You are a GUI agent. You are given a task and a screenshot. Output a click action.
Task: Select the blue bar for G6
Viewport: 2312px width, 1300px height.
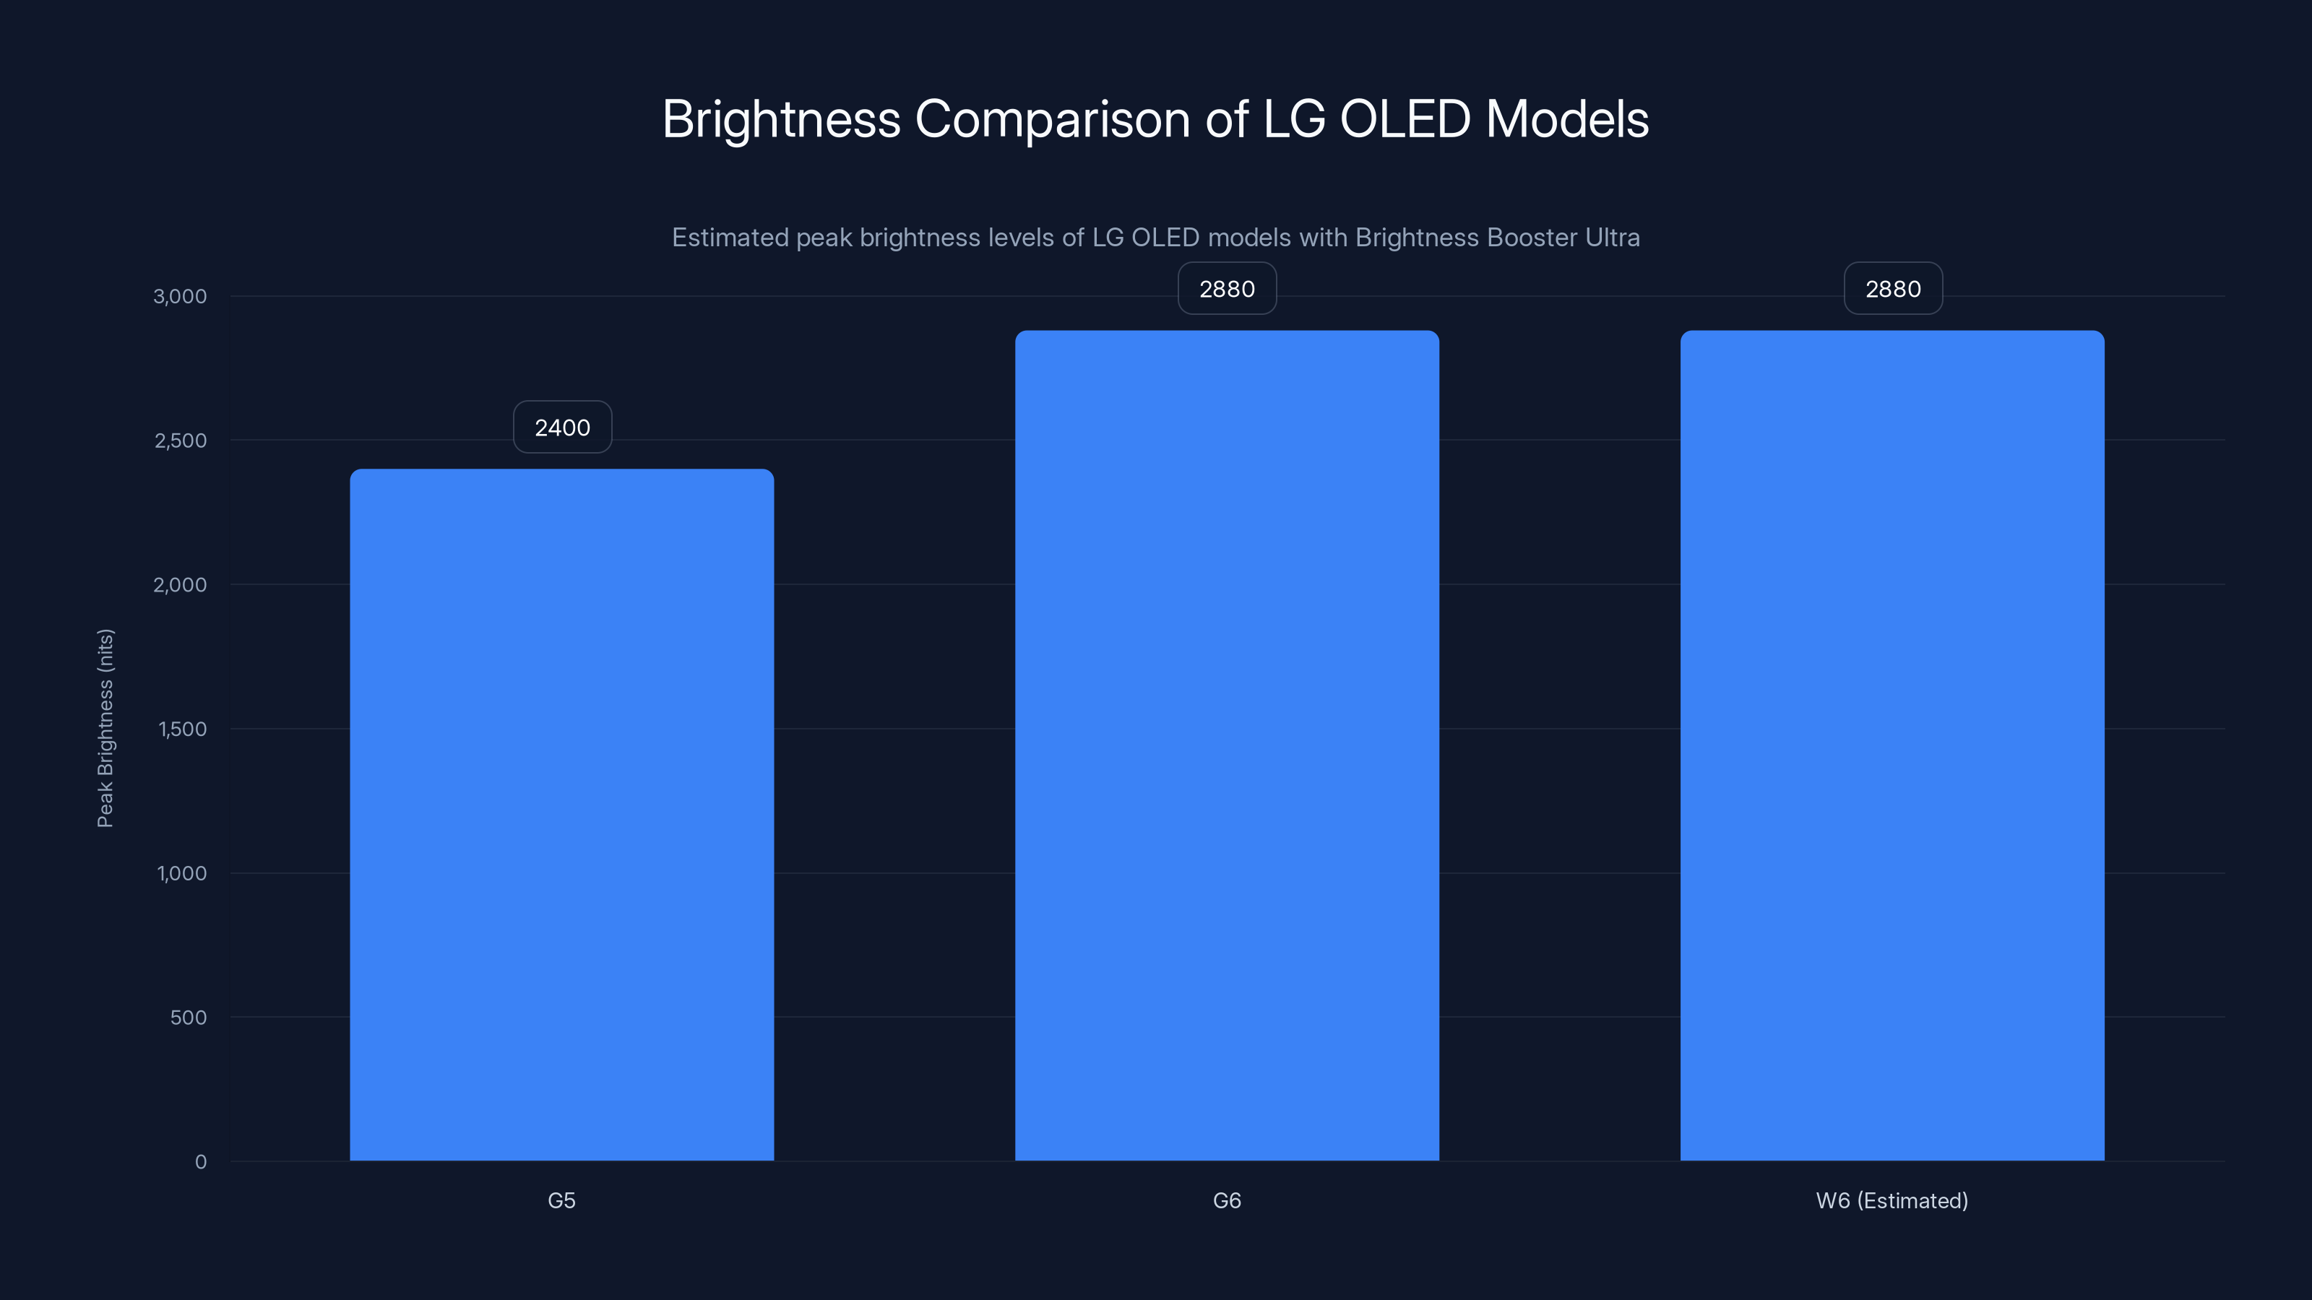[1227, 745]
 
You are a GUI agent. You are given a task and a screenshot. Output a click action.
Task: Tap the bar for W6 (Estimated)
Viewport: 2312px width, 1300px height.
[1892, 745]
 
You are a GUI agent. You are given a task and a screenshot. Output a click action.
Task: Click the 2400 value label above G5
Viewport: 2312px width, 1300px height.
[563, 427]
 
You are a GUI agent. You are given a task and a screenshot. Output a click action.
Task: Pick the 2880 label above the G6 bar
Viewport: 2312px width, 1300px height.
[1227, 289]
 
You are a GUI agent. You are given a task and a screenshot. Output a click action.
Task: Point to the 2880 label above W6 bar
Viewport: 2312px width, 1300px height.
[1893, 289]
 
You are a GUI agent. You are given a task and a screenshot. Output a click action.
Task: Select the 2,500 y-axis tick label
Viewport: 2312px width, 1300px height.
[181, 441]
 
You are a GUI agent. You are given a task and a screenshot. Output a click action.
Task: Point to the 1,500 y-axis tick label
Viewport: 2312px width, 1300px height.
[182, 729]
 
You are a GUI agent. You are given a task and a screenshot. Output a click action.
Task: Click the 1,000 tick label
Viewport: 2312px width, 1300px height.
[181, 873]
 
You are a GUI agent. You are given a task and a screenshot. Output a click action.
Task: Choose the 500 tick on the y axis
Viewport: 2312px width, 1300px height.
[189, 1018]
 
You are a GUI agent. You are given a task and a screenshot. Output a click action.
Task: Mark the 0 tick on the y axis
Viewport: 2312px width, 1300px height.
[201, 1162]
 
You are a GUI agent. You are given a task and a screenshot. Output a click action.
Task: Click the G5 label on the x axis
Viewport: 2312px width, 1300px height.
[562, 1200]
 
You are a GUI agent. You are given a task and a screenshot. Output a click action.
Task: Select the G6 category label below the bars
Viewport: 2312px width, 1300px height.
[1227, 1200]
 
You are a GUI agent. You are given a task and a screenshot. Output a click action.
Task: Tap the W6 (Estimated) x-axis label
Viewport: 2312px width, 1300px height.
[1892, 1200]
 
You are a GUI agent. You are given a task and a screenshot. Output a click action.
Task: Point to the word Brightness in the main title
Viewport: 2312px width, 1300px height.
[781, 118]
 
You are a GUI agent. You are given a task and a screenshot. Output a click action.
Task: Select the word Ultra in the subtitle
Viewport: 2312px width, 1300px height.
[1612, 237]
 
